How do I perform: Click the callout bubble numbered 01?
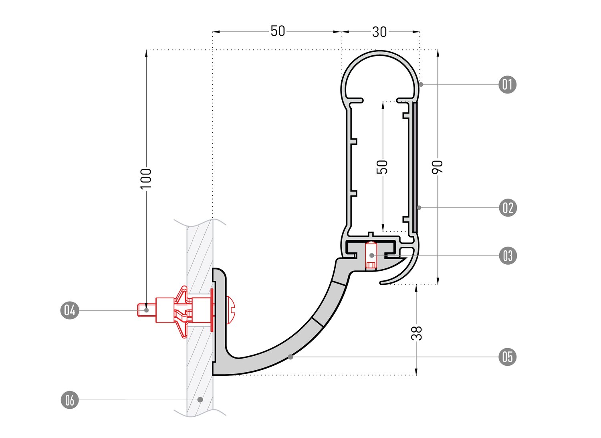tap(507, 85)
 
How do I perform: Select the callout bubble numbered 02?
tap(508, 208)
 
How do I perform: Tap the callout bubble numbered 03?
tap(508, 255)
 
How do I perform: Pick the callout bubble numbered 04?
tap(70, 310)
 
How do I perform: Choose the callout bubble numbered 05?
tap(508, 357)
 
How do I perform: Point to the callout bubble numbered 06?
tap(70, 400)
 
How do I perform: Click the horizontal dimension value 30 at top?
tap(379, 32)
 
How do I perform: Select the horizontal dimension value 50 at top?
tap(278, 31)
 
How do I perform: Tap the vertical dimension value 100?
tap(146, 178)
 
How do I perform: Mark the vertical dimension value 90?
tap(438, 166)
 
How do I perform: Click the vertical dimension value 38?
tap(417, 333)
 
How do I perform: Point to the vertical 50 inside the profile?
tap(383, 166)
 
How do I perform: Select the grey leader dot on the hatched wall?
tap(200, 399)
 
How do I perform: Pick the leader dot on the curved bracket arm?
tap(290, 356)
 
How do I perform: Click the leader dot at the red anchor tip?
tap(147, 310)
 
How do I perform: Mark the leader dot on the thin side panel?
tap(419, 208)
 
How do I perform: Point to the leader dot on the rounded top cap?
tap(421, 84)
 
